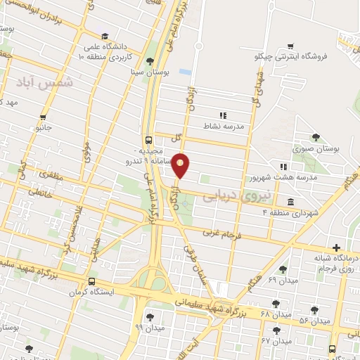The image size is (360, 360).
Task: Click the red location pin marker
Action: click(181, 166)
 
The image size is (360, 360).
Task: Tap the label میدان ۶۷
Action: click(275, 341)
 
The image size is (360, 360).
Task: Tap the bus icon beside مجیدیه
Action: click(148, 139)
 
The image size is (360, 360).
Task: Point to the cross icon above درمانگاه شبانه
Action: click(337, 247)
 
